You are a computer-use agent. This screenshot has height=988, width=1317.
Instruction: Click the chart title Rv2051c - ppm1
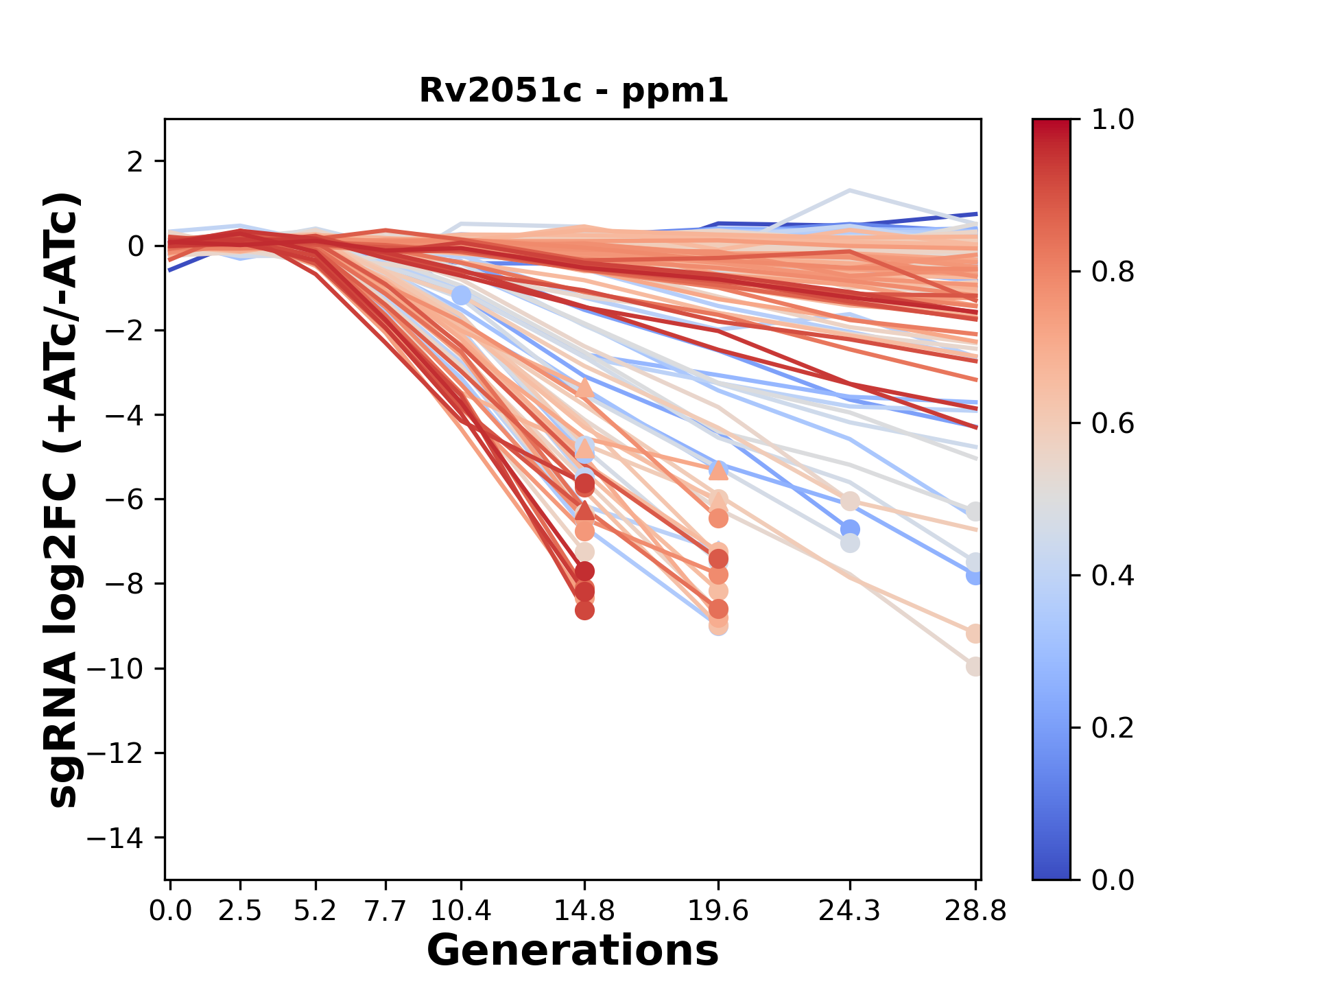[x=573, y=91]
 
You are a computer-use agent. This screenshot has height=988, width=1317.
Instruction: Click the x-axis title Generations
[x=573, y=951]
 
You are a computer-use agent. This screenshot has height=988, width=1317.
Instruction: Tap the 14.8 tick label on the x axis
[x=584, y=911]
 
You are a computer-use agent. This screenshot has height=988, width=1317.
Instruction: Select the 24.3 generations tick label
[x=850, y=911]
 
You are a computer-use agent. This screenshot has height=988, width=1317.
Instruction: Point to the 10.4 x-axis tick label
[x=461, y=911]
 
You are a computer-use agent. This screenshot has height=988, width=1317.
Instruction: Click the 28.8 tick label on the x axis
[x=975, y=911]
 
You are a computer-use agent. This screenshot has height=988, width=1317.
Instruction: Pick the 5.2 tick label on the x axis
[x=316, y=911]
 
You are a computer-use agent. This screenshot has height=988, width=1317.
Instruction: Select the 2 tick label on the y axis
[x=136, y=162]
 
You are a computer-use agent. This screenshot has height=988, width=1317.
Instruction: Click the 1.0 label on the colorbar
[x=1113, y=120]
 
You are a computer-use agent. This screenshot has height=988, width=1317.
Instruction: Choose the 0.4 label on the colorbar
[x=1113, y=576]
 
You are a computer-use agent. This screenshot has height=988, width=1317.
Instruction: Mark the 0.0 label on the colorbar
[x=1113, y=880]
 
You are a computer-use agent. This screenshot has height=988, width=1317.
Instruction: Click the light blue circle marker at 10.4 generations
[x=461, y=296]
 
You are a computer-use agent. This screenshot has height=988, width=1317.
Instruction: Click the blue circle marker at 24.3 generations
[x=850, y=529]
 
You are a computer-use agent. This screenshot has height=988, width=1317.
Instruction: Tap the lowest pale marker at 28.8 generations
[x=974, y=666]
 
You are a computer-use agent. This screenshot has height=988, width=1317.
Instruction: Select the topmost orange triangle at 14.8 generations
[x=584, y=388]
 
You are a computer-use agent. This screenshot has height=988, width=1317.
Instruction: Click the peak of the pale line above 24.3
[x=850, y=190]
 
